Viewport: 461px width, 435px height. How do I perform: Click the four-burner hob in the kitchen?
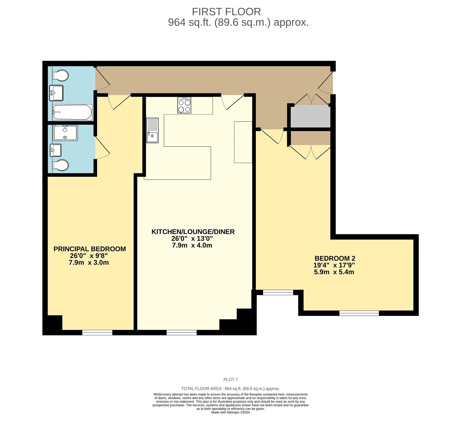tap(184, 105)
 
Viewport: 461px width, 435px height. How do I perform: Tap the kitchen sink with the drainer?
tap(152, 130)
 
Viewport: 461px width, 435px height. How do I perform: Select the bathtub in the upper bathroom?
tap(72, 112)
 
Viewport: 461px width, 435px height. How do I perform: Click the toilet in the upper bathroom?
tap(60, 76)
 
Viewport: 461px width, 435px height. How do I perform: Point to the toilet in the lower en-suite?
tap(60, 165)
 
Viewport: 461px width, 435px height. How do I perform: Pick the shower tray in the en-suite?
tap(65, 133)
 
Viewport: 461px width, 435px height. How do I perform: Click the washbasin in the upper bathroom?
tap(56, 93)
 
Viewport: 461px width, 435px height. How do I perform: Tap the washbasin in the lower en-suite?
tap(56, 150)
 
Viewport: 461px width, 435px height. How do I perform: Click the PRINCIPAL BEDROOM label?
tap(90, 249)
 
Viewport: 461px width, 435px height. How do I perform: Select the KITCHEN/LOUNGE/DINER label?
tap(193, 232)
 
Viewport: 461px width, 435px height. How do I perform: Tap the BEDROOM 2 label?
tap(335, 258)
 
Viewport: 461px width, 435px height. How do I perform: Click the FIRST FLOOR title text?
tap(226, 12)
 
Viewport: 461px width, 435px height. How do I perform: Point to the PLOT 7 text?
tap(230, 380)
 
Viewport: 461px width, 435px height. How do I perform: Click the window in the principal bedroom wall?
tap(97, 332)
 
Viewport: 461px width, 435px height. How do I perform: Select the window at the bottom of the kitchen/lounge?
tap(182, 332)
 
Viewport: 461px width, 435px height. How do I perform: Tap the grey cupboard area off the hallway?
tap(311, 116)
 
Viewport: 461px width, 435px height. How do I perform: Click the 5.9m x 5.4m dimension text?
tap(334, 272)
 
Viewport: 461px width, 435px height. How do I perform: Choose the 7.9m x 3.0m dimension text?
tap(89, 263)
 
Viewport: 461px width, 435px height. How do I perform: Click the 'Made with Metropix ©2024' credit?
tap(230, 412)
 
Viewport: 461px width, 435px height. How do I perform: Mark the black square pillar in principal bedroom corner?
tap(55, 323)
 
